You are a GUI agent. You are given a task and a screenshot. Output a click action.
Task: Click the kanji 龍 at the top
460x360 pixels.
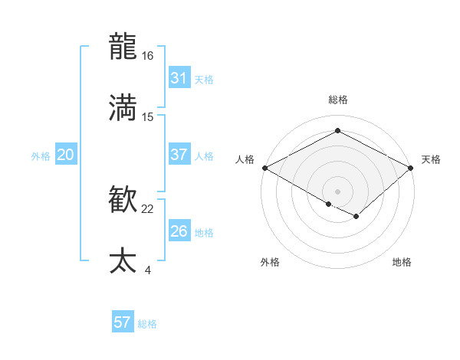click(x=123, y=47)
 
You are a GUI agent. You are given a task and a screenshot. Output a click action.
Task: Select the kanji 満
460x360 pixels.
click(x=123, y=108)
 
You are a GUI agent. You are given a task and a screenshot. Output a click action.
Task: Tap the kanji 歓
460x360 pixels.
click(x=123, y=201)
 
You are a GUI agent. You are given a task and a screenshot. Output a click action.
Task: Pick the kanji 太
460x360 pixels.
click(x=123, y=261)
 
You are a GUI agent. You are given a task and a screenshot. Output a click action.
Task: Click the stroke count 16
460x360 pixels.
click(x=148, y=56)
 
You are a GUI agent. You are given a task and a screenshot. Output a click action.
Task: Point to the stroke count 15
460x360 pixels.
click(x=148, y=116)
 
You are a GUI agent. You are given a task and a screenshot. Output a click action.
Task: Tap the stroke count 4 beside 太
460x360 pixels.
click(x=147, y=270)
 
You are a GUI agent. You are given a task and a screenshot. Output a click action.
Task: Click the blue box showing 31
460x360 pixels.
click(x=179, y=78)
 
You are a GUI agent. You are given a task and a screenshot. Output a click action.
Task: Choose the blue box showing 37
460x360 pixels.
click(x=179, y=155)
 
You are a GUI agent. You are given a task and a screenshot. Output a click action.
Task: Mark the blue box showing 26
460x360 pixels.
click(x=179, y=231)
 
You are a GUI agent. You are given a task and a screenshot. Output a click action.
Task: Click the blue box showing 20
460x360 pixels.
click(x=66, y=155)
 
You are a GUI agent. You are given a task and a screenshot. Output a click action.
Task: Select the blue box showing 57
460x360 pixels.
click(x=123, y=322)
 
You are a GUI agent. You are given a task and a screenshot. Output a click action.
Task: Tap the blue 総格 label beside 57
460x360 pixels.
click(x=147, y=324)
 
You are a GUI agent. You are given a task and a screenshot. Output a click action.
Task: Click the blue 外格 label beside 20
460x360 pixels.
click(x=41, y=156)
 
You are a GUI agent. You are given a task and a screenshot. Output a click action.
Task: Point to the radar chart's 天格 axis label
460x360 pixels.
click(x=431, y=159)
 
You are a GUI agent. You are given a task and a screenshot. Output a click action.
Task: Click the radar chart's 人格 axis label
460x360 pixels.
click(x=245, y=159)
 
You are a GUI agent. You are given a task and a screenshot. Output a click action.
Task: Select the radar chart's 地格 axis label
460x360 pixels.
click(x=402, y=262)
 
